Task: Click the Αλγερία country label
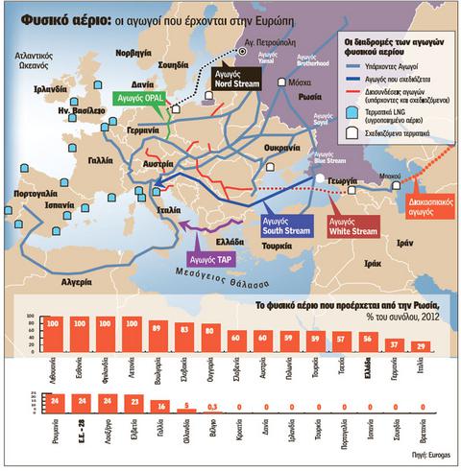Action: (66, 282)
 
